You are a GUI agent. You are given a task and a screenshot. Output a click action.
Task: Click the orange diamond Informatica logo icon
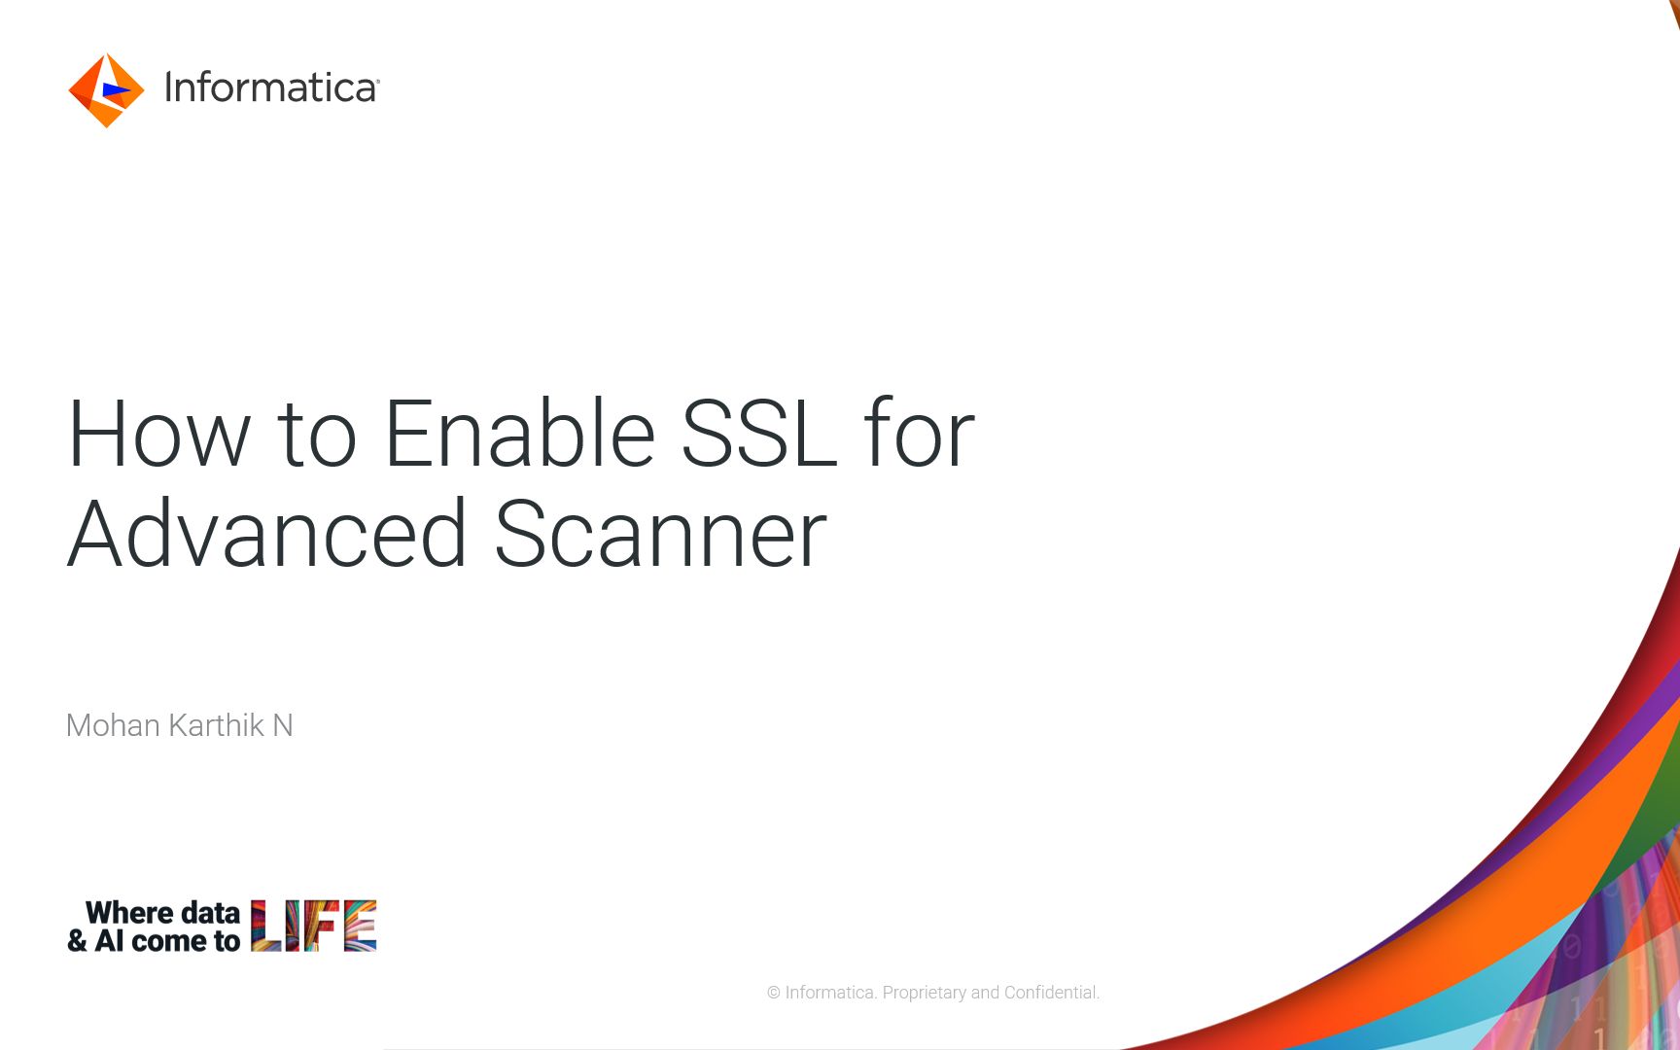click(106, 90)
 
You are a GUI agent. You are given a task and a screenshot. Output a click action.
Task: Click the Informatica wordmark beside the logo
click(271, 87)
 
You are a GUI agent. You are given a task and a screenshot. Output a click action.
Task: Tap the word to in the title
click(317, 437)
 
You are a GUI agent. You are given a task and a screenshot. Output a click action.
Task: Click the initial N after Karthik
click(283, 725)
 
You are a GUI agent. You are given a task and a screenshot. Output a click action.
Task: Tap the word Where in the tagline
click(129, 913)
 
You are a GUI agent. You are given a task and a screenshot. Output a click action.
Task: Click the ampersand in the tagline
click(77, 941)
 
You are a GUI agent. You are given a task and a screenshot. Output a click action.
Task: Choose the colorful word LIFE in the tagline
click(314, 926)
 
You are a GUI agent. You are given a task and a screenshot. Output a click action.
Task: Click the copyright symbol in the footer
click(774, 993)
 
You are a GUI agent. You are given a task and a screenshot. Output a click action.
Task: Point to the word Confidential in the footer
click(1052, 993)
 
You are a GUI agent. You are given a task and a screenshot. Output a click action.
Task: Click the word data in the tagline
click(210, 913)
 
